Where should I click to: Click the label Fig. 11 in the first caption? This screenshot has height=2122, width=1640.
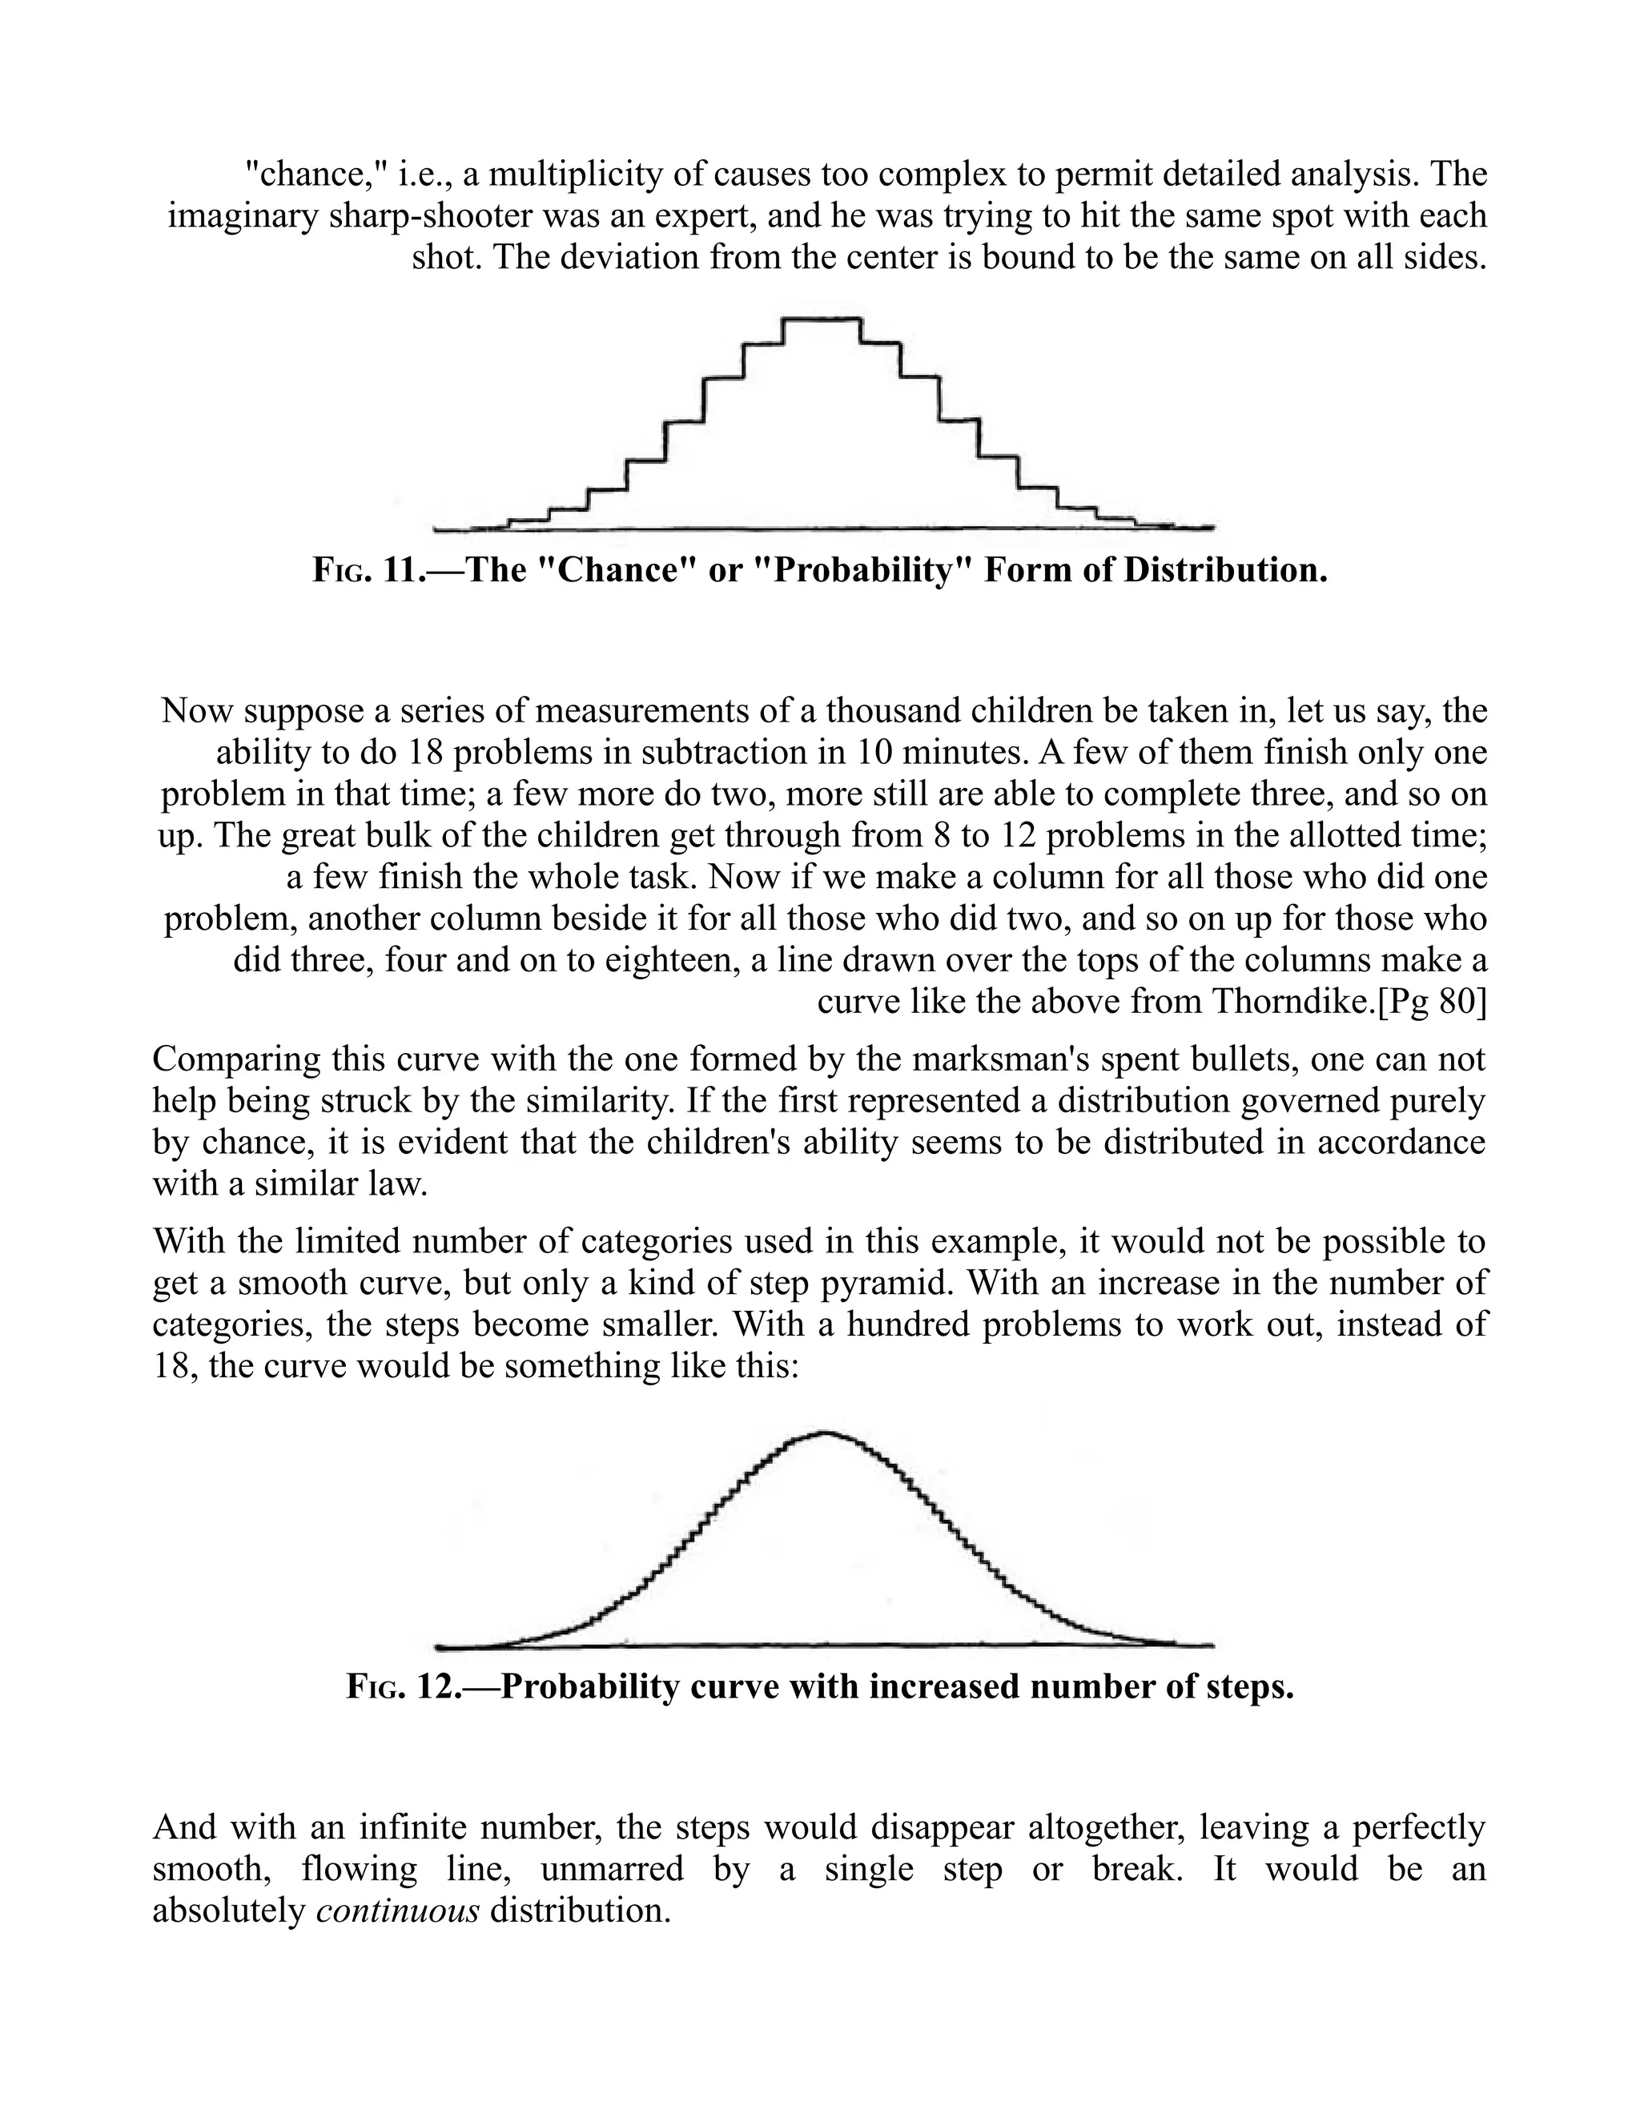pyautogui.click(x=364, y=569)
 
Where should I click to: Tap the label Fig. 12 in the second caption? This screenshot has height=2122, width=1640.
pyautogui.click(x=398, y=1686)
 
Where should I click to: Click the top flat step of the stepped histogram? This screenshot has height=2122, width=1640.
pyautogui.click(x=822, y=319)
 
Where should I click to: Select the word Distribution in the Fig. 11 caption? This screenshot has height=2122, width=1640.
pyautogui.click(x=1224, y=569)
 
